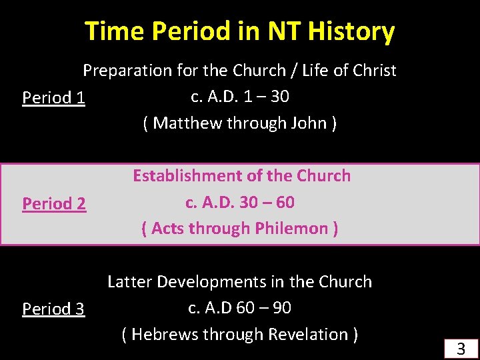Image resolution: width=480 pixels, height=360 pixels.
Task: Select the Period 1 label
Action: point(53,97)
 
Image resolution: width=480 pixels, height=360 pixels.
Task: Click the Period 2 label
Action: point(54,203)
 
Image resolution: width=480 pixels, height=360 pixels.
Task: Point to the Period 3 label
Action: point(53,309)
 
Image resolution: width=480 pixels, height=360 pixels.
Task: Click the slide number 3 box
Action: point(460,348)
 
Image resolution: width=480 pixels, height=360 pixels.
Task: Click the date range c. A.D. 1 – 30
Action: point(239,97)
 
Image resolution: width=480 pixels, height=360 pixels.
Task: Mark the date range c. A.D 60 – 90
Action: point(239,308)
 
